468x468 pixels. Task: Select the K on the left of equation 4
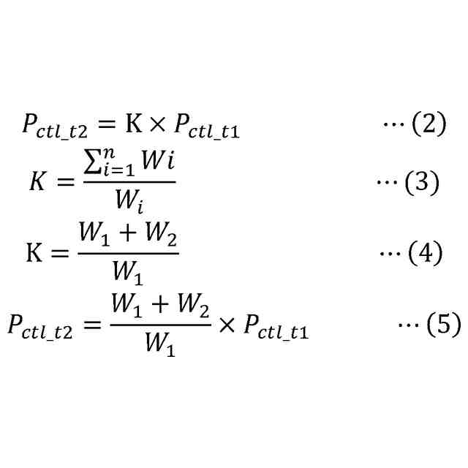(34, 254)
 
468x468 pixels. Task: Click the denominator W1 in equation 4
(127, 273)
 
